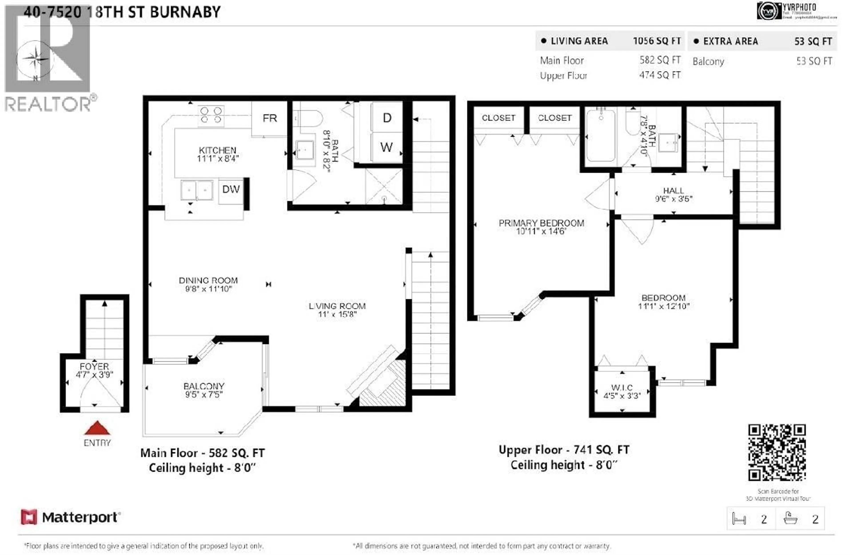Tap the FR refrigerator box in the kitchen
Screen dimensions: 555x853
pos(269,118)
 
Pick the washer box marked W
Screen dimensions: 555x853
pos(386,147)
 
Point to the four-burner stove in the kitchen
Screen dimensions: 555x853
pos(211,115)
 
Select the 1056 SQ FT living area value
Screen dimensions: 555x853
pos(657,41)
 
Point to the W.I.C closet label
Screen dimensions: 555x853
pos(622,387)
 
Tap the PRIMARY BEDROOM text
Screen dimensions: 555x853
pos(541,223)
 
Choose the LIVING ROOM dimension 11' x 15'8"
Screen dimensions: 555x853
pos(337,315)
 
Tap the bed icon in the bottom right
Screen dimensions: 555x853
pos(739,519)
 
